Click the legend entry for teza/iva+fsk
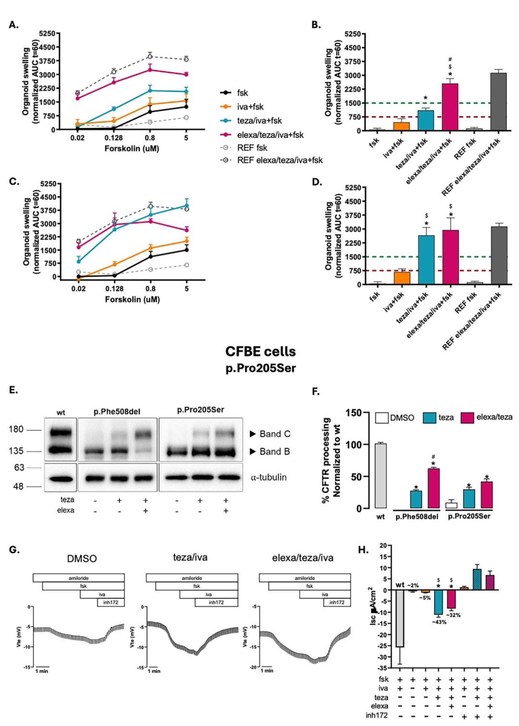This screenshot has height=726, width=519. pyautogui.click(x=259, y=121)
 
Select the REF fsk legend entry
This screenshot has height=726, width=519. pyautogui.click(x=252, y=147)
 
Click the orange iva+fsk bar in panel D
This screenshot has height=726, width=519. pyautogui.click(x=402, y=278)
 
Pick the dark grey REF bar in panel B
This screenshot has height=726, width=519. pyautogui.click(x=498, y=101)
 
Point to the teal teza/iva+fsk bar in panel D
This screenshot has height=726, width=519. pyautogui.click(x=426, y=260)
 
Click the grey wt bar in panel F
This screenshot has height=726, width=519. pyautogui.click(x=381, y=476)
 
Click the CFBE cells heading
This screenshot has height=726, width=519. pyautogui.click(x=260, y=351)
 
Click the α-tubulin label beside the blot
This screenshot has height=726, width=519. pyautogui.click(x=269, y=477)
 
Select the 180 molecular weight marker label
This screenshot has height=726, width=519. pyautogui.click(x=16, y=429)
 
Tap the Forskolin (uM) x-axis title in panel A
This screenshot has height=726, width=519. pyautogui.click(x=132, y=148)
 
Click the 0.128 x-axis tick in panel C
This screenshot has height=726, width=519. pyautogui.click(x=114, y=289)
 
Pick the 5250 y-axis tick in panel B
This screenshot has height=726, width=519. pyautogui.click(x=353, y=34)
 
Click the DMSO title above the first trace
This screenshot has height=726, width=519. pyautogui.click(x=82, y=559)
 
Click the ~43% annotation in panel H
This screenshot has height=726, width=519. pyautogui.click(x=439, y=622)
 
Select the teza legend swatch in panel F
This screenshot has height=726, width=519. pyautogui.click(x=429, y=418)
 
